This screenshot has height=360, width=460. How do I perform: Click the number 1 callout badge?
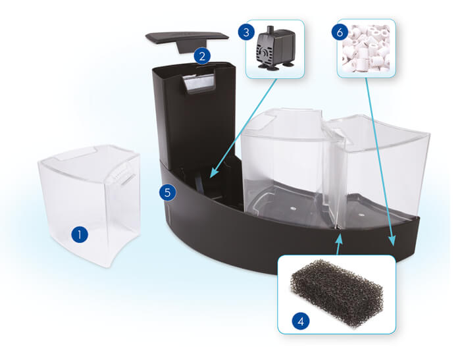pyautogui.click(x=79, y=235)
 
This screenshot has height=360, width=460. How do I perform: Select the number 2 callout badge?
pyautogui.click(x=202, y=56)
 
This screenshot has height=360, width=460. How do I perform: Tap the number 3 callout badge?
pyautogui.click(x=246, y=32)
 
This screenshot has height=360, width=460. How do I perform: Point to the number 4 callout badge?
pyautogui.click(x=301, y=321)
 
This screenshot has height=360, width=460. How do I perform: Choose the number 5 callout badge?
pyautogui.click(x=168, y=193)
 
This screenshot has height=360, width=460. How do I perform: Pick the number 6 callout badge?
pyautogui.click(x=340, y=32)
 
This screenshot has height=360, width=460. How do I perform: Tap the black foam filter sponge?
pyautogui.click(x=336, y=294)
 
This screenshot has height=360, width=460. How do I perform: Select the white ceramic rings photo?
pyautogui.click(x=366, y=49)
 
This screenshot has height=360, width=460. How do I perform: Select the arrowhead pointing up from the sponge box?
pyautogui.click(x=339, y=238)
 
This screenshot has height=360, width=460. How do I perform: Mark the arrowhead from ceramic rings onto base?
pyautogui.click(x=392, y=240)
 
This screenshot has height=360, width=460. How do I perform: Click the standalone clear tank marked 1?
pyautogui.click(x=89, y=205)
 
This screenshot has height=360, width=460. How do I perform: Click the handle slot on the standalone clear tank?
pyautogui.click(x=128, y=179)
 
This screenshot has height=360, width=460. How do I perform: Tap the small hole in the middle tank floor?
pyautogui.click(x=292, y=208)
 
